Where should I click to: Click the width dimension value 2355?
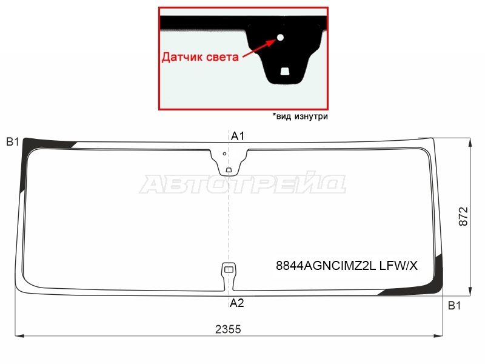click(x=228, y=329)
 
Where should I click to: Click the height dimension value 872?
click(x=463, y=217)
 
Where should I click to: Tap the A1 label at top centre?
click(x=238, y=135)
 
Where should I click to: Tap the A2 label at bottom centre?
click(x=237, y=303)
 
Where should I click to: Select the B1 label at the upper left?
click(x=13, y=142)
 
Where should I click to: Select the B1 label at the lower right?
click(x=454, y=306)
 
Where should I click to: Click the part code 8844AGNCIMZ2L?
click(x=326, y=266)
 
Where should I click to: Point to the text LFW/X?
click(x=398, y=266)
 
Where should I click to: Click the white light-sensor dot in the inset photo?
click(x=280, y=38)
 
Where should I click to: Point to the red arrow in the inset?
click(x=259, y=48)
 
